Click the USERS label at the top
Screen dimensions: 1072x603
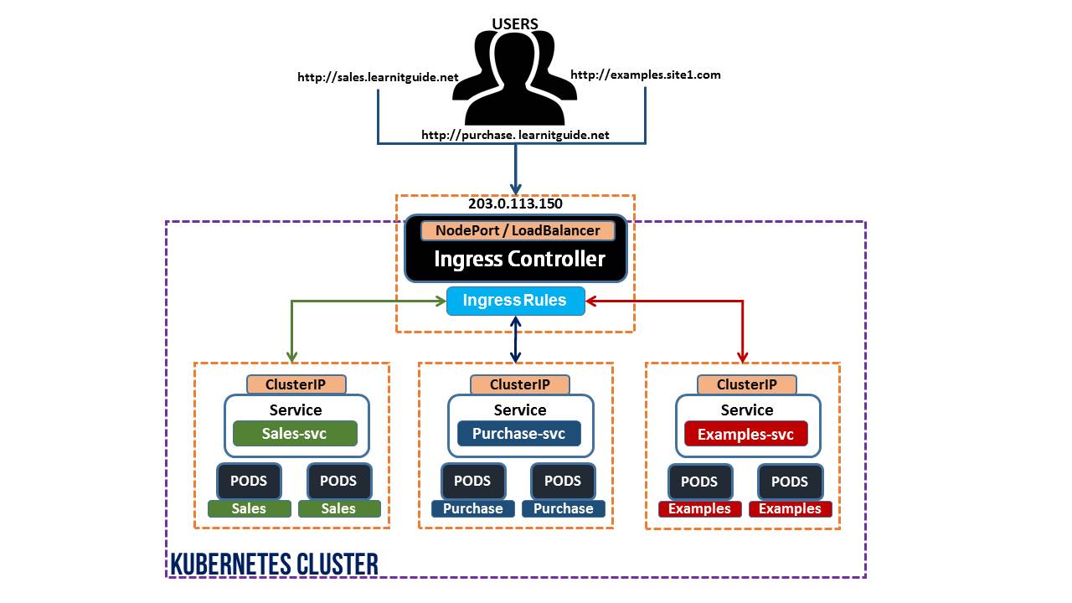coord(515,23)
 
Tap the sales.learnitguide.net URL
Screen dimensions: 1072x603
coord(378,77)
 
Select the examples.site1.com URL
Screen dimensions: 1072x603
coord(645,75)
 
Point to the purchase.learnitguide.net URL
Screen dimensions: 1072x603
coord(515,135)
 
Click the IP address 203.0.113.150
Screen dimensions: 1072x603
coord(515,204)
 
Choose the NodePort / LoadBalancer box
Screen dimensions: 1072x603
coord(518,230)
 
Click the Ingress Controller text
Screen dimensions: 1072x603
coord(519,259)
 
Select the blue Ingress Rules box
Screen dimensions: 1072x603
coord(515,301)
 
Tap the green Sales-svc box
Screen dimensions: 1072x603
coord(295,434)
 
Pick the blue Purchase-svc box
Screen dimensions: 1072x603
coord(519,434)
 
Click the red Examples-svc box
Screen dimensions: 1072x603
coord(746,434)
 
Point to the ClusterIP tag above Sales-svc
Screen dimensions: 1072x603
coord(296,384)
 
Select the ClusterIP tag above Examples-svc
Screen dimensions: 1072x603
coord(746,384)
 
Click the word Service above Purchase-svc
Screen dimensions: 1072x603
coord(520,410)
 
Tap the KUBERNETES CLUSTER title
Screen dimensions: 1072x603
coord(274,564)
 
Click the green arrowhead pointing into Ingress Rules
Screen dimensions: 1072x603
coord(441,301)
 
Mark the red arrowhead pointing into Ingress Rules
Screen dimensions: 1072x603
coord(591,301)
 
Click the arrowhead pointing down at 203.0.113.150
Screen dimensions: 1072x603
coord(515,188)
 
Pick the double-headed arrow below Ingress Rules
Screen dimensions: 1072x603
coord(515,339)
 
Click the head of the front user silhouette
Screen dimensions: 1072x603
coord(514,59)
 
